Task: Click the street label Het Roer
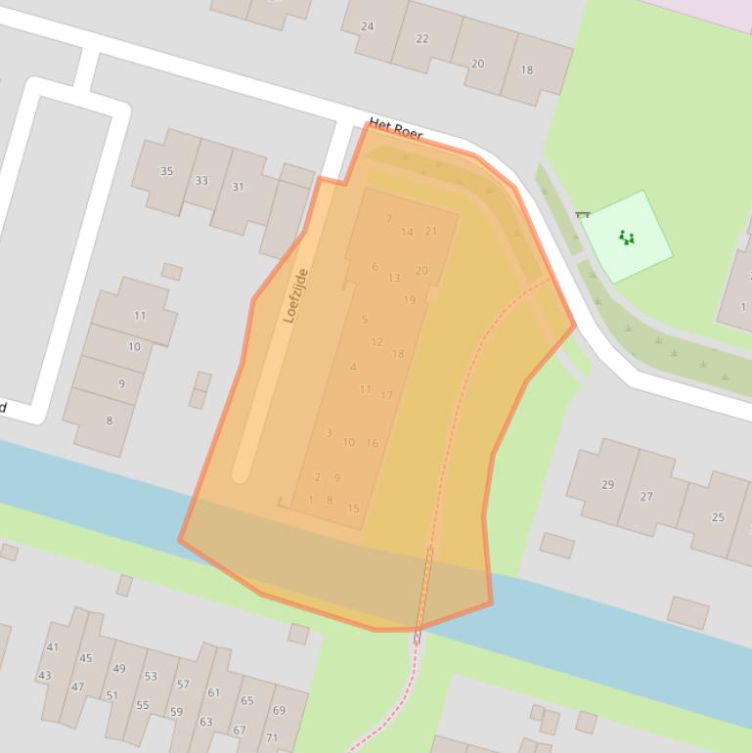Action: [396, 129]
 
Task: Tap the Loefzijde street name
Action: [295, 295]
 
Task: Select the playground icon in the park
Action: [626, 237]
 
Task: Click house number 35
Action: [166, 171]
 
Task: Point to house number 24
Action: [367, 26]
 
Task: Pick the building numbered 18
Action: [527, 69]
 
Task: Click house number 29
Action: [607, 484]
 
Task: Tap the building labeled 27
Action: [646, 496]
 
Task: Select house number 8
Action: [109, 421]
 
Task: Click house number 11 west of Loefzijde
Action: [140, 316]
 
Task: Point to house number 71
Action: [272, 737]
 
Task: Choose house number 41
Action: [53, 646]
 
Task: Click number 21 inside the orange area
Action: [430, 232]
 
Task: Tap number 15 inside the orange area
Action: [353, 509]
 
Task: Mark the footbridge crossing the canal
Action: [423, 591]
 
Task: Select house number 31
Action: [238, 186]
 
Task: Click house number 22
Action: [422, 39]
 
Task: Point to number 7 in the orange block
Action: [389, 219]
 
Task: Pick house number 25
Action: [718, 517]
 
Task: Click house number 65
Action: [246, 700]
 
